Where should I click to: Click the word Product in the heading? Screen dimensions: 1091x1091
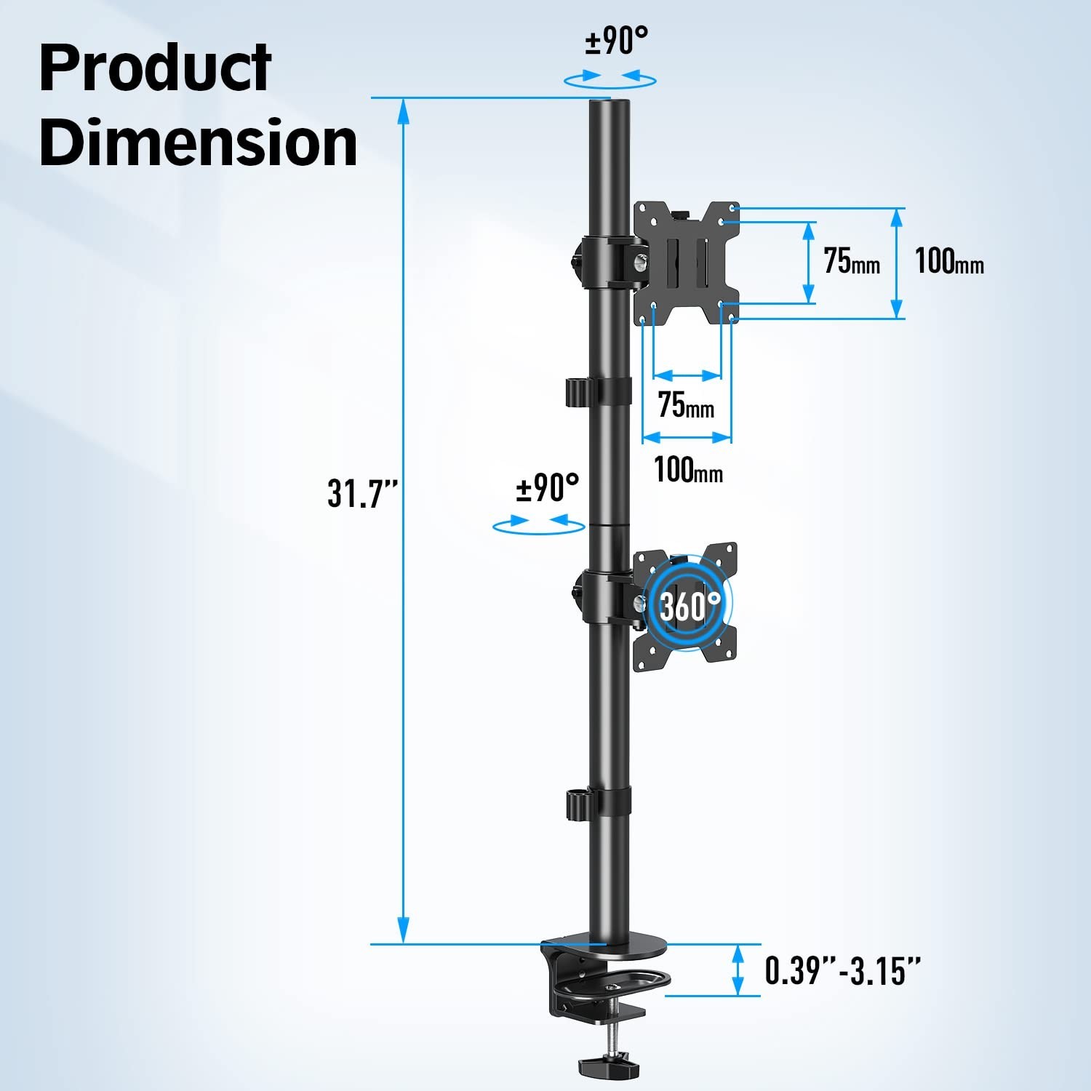pyautogui.click(x=155, y=67)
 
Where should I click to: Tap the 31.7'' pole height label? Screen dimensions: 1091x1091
pyautogui.click(x=363, y=493)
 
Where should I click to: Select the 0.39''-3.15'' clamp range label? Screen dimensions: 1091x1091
pyautogui.click(x=842, y=971)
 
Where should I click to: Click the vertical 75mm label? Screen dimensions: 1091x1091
pyautogui.click(x=852, y=260)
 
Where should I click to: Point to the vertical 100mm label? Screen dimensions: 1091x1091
pyautogui.click(x=949, y=260)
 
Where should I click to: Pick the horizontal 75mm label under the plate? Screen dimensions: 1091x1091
pyautogui.click(x=686, y=404)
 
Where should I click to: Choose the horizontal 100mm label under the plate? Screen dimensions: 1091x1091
pyautogui.click(x=688, y=469)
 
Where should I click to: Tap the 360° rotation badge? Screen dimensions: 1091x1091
pyautogui.click(x=689, y=604)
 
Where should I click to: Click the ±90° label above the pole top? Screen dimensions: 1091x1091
pyautogui.click(x=616, y=41)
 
